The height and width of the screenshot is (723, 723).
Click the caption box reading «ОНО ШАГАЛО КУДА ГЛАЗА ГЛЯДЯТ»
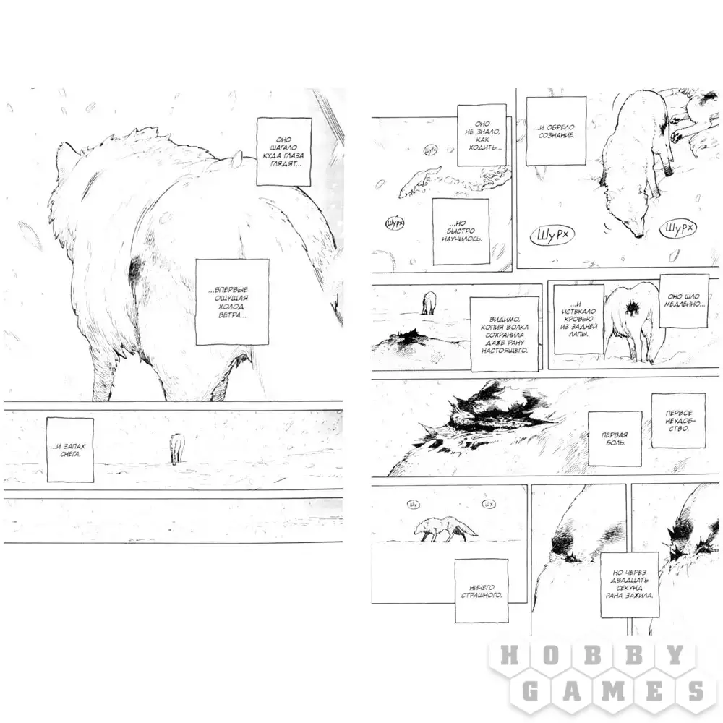point(284,152)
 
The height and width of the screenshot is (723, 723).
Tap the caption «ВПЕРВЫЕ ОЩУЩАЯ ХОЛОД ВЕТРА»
point(232,302)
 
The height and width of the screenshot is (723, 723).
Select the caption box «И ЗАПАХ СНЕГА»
point(70,450)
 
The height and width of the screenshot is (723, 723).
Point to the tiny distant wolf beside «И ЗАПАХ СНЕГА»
point(176,448)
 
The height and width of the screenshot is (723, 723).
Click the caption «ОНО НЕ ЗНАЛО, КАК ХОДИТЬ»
point(482,135)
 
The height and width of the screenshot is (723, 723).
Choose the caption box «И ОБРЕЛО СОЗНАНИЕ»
point(556,131)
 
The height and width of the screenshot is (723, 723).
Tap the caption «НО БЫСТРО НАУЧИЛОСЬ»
point(461,231)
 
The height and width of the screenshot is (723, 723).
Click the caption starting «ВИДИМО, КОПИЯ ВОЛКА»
point(505,334)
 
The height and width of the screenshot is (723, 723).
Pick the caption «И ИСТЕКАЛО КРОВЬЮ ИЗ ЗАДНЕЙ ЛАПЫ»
point(578,319)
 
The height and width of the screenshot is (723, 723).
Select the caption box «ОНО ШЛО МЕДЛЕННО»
point(684,301)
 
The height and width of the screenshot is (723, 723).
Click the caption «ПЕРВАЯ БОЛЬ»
point(615,439)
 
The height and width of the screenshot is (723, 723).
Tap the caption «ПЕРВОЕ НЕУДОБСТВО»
point(678,421)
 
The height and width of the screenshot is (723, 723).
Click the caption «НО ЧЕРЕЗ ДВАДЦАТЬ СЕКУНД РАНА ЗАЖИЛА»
point(630,583)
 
